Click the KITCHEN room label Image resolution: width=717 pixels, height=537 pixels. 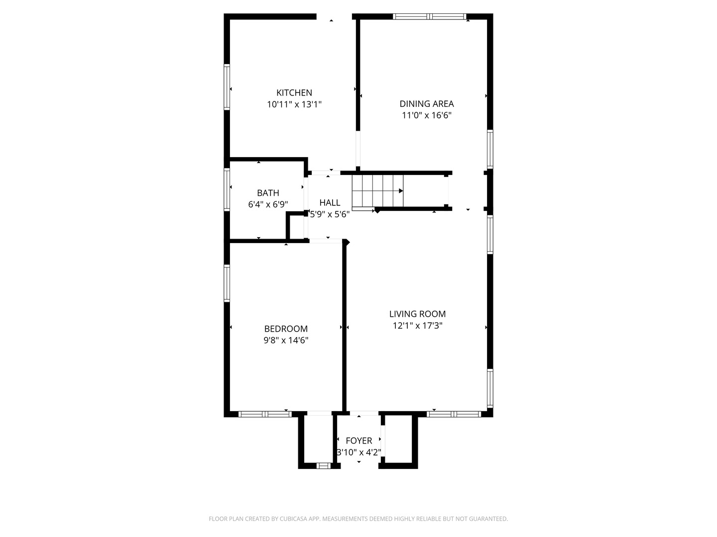[x=294, y=92]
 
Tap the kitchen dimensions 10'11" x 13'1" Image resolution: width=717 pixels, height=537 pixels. [x=294, y=104]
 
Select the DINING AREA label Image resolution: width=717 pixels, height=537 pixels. [x=427, y=103]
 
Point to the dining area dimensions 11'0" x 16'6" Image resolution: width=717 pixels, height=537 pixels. [x=427, y=115]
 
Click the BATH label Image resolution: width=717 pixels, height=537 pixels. [x=268, y=193]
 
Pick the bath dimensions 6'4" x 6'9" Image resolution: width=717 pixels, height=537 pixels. [x=268, y=204]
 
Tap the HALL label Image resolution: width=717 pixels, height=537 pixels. [x=330, y=202]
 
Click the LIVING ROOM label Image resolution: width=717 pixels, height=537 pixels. [x=417, y=314]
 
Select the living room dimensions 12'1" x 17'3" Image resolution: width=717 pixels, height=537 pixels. [x=417, y=326]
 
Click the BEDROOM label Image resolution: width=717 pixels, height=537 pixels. [x=286, y=329]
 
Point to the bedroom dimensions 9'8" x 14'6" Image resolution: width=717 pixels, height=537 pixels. [x=286, y=341]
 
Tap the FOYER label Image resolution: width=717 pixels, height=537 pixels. [x=358, y=441]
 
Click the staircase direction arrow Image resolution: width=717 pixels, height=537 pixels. [x=400, y=190]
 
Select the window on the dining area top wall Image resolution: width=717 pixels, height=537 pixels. [x=429, y=16]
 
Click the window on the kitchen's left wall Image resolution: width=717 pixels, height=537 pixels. [x=227, y=87]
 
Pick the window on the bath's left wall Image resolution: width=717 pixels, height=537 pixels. [x=227, y=190]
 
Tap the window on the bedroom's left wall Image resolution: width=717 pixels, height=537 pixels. [x=227, y=283]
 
